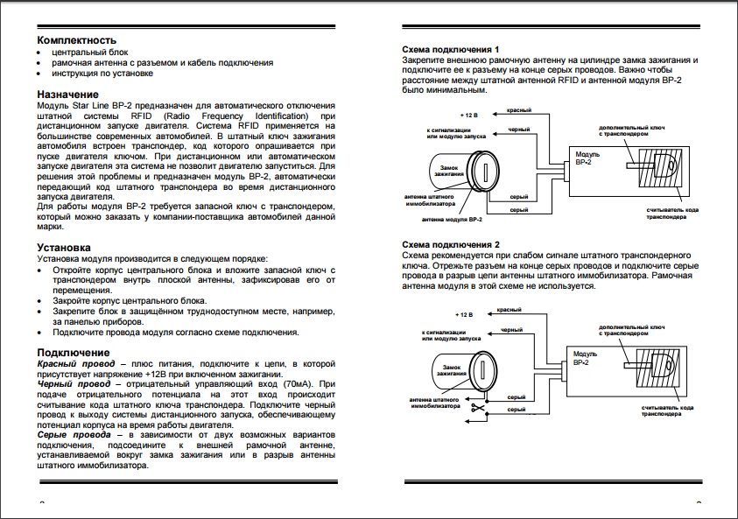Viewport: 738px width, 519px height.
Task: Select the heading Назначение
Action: click(x=68, y=94)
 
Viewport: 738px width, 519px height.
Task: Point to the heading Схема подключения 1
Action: click(x=450, y=50)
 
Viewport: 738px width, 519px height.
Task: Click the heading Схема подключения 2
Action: click(x=450, y=244)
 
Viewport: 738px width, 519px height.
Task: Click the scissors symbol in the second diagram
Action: click(x=479, y=409)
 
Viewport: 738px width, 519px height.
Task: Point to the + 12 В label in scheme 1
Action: click(x=471, y=116)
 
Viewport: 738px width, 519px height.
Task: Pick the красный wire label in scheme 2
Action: click(x=510, y=310)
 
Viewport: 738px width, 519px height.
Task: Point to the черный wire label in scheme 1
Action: click(x=521, y=130)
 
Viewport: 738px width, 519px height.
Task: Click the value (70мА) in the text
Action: click(x=297, y=384)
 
